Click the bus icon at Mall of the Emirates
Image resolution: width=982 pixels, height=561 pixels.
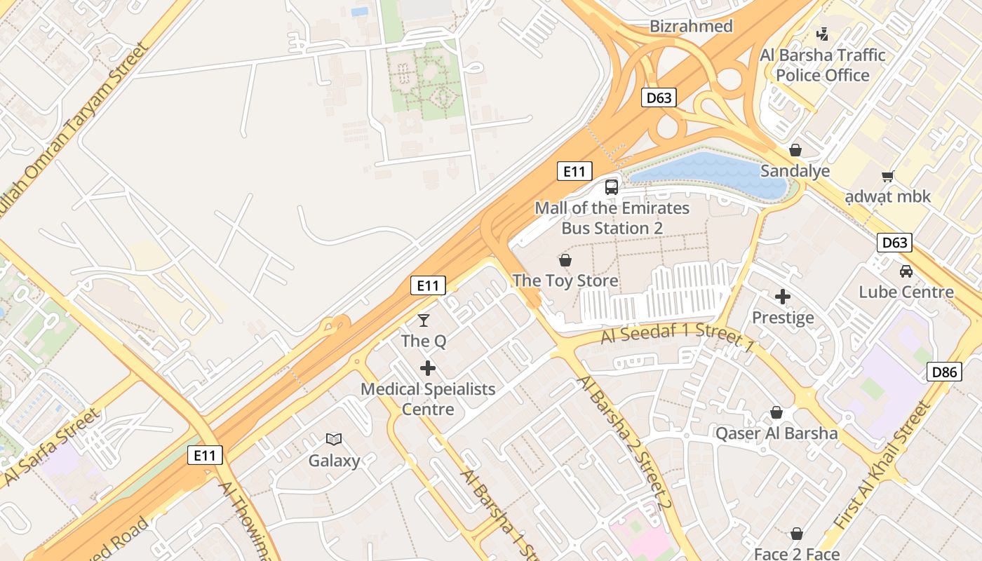612,187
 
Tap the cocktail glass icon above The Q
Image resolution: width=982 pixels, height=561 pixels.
424,320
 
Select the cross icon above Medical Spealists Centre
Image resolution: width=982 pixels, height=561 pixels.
427,367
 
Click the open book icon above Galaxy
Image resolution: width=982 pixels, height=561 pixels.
334,439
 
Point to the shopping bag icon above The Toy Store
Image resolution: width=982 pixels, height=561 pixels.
565,260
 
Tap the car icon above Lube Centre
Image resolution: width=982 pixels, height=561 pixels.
906,271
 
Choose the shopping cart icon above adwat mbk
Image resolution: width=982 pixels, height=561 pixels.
888,176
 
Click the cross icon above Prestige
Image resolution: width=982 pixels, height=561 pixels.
783,297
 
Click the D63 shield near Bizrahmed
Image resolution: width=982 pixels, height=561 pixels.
659,97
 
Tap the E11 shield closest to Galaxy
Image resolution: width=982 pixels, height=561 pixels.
206,455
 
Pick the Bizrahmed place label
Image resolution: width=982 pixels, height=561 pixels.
691,27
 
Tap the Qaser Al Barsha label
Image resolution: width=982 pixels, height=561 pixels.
776,433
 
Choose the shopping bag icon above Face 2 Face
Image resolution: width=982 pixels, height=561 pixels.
796,534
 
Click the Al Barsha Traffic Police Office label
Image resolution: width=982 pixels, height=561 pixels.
823,65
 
